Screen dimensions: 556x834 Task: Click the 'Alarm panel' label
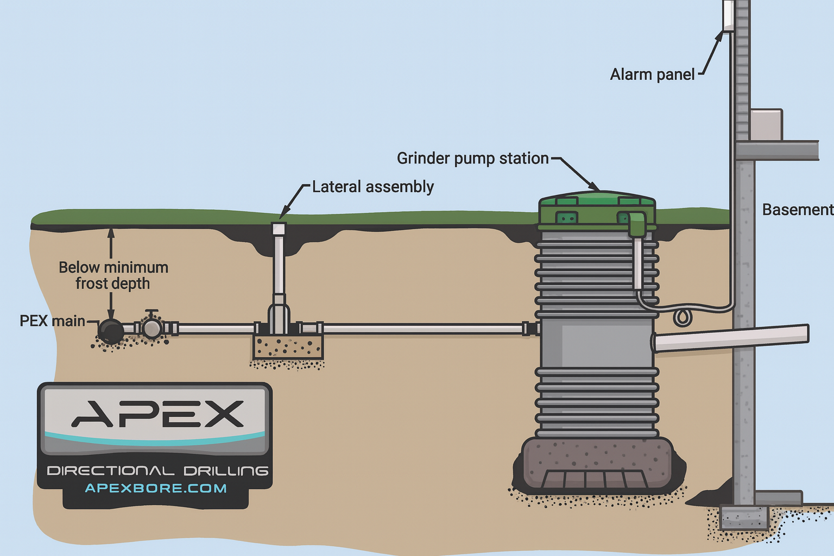tap(652, 74)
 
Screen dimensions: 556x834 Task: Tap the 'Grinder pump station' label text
tap(472, 159)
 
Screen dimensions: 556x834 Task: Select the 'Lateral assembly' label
tap(372, 187)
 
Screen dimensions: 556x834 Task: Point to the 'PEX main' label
tap(52, 321)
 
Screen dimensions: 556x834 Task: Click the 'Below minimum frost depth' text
tap(113, 275)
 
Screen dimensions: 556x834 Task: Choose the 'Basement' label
tap(797, 210)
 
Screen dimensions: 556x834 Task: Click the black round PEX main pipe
tap(111, 331)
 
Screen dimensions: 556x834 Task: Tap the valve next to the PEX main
tap(152, 327)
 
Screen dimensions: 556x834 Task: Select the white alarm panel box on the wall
tap(728, 15)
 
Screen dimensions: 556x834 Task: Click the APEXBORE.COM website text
tap(156, 488)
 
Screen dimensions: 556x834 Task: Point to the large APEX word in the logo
tap(157, 414)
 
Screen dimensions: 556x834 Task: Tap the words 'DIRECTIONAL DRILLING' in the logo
tap(157, 471)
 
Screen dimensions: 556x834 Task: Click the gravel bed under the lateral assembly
tap(288, 347)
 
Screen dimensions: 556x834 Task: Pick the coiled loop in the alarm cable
tap(683, 317)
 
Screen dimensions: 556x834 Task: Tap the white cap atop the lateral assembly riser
tap(279, 229)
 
